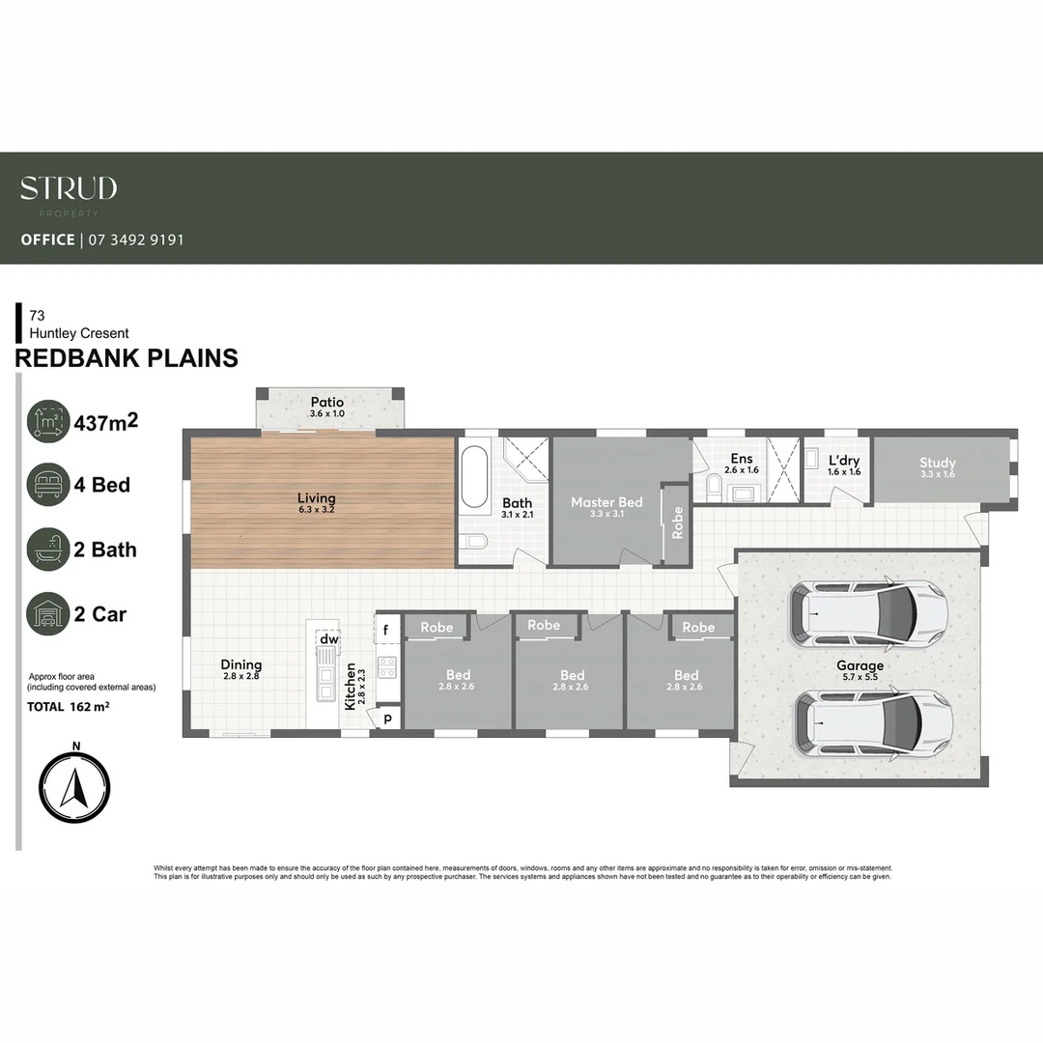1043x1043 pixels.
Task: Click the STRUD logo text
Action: point(69,188)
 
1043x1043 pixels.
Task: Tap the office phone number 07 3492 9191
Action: point(136,240)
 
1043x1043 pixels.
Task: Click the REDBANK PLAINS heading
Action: point(127,357)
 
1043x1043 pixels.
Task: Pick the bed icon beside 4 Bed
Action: point(48,484)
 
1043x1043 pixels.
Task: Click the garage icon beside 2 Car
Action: point(48,613)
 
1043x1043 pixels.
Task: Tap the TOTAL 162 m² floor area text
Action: point(68,707)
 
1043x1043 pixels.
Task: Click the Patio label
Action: point(327,403)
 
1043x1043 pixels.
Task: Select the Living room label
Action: point(317,498)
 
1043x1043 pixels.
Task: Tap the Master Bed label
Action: point(606,502)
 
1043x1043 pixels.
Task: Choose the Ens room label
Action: point(742,459)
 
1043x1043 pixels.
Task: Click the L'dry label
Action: point(843,461)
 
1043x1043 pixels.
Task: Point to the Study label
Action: point(937,463)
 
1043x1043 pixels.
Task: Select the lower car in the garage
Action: point(873,722)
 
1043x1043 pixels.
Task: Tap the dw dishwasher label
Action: point(329,639)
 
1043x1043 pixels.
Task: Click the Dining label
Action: point(241,664)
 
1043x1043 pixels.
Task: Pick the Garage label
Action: point(860,665)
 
